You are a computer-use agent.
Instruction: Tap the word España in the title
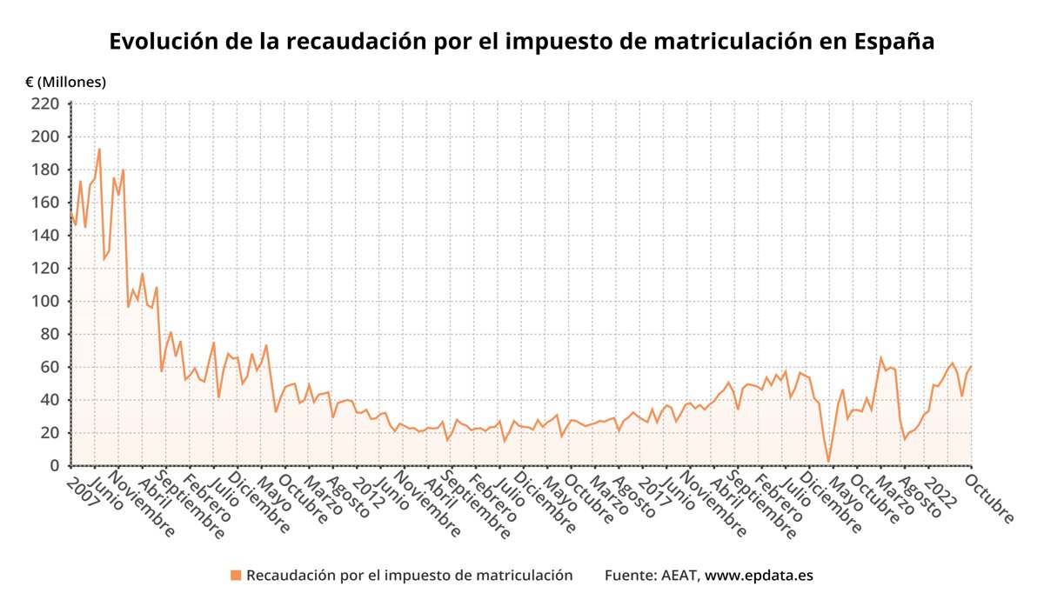coord(894,42)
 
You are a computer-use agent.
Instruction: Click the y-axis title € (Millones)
coord(65,82)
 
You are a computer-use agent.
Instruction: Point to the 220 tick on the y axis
coord(45,104)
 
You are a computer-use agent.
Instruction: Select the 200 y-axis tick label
coord(45,137)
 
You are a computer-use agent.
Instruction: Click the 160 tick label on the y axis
coord(45,203)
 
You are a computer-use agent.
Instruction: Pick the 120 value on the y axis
coord(45,269)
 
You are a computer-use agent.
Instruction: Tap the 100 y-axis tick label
coord(45,302)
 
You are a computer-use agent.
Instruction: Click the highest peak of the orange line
coord(99,149)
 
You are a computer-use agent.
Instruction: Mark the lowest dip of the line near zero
coord(828,462)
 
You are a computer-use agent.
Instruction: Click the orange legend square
coord(235,575)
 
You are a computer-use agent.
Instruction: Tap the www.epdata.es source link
coord(759,575)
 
